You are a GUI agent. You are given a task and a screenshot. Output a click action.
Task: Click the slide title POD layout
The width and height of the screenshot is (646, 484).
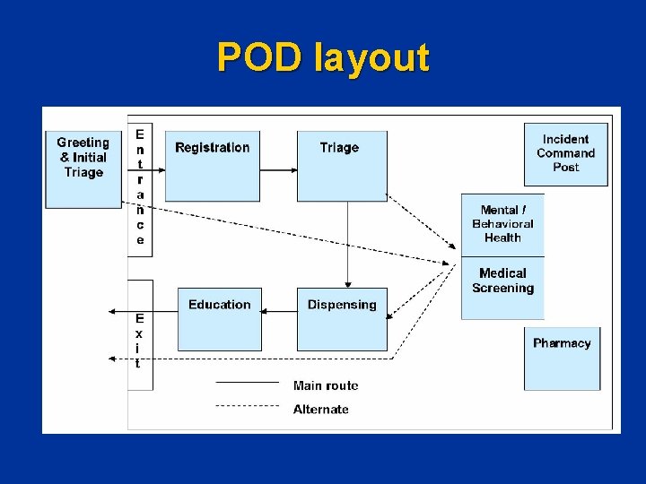click(x=323, y=58)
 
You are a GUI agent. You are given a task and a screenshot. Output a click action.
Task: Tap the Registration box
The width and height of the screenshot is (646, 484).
click(x=213, y=161)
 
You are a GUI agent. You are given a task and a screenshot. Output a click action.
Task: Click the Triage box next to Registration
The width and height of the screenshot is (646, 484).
click(x=339, y=161)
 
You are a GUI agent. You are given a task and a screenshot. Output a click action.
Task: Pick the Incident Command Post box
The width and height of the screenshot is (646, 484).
click(x=566, y=153)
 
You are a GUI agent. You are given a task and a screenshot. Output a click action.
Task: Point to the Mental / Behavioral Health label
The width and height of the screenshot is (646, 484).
click(x=502, y=224)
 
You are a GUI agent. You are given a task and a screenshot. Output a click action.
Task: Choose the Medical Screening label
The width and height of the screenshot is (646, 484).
click(x=502, y=281)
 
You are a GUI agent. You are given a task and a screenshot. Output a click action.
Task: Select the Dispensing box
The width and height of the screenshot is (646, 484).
click(x=342, y=318)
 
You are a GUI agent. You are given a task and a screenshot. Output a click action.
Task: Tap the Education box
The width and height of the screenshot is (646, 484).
click(x=220, y=318)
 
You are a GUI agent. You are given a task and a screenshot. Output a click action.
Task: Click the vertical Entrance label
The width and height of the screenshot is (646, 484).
click(x=140, y=186)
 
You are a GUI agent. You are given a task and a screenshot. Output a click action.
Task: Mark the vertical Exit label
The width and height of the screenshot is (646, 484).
click(x=139, y=341)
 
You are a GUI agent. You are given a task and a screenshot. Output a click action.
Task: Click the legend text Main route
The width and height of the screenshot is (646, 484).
click(x=326, y=385)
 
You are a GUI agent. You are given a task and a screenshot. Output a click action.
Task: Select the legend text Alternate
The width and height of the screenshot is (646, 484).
click(x=321, y=409)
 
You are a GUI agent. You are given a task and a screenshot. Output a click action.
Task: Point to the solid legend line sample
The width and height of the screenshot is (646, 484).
click(x=247, y=383)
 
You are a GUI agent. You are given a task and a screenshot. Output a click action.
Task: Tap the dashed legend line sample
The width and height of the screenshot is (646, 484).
click(x=247, y=406)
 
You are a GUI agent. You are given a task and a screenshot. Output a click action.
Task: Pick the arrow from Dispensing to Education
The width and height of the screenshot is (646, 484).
click(x=280, y=311)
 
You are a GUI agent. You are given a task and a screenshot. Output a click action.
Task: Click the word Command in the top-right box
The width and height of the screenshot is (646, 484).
click(x=566, y=153)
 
